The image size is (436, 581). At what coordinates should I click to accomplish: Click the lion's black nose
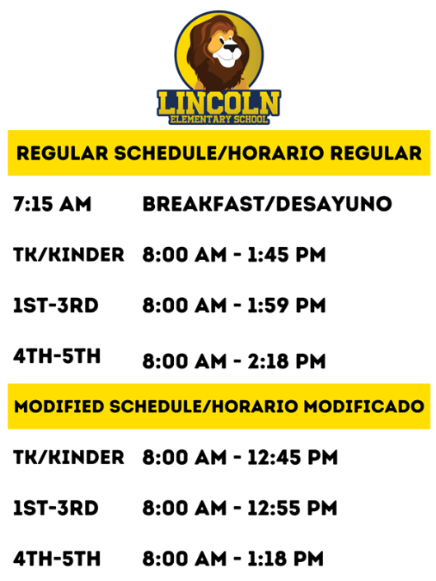pos(231,47)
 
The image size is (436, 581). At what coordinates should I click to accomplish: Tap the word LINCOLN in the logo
pos(219,103)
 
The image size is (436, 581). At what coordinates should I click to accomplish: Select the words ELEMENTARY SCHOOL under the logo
pos(219,119)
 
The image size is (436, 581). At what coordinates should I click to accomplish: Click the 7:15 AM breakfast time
pos(52,204)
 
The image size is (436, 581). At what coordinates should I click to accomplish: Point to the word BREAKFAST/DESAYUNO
pos(267,204)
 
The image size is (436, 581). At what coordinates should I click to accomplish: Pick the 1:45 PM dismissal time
pos(287,255)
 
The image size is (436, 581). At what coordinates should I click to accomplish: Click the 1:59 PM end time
pos(287,305)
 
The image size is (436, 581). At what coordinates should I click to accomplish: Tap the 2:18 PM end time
pos(287,361)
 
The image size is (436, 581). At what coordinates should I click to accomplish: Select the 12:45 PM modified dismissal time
pos(293,458)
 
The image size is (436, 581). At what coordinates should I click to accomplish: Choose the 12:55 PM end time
pos(293,509)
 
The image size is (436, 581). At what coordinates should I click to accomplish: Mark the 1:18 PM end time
pos(285,559)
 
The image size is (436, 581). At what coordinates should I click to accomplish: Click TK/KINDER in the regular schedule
pos(68,255)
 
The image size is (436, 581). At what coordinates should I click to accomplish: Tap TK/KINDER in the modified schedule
pos(68,458)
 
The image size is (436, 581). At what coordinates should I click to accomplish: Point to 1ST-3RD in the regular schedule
pos(56,305)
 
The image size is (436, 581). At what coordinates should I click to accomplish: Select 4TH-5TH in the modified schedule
pos(57,559)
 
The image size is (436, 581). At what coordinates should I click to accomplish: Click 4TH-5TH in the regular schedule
pos(57,356)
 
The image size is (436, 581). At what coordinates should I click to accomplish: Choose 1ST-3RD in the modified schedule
pos(56,509)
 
